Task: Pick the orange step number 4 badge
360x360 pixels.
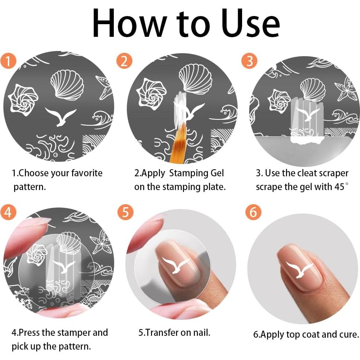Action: point(8,213)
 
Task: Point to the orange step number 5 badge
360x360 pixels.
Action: point(125,213)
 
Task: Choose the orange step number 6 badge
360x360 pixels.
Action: point(253,213)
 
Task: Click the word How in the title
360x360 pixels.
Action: point(126,23)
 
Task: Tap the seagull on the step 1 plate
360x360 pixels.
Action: point(61,116)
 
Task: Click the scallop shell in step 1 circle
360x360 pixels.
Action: point(67,85)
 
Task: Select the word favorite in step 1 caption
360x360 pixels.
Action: point(83,173)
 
